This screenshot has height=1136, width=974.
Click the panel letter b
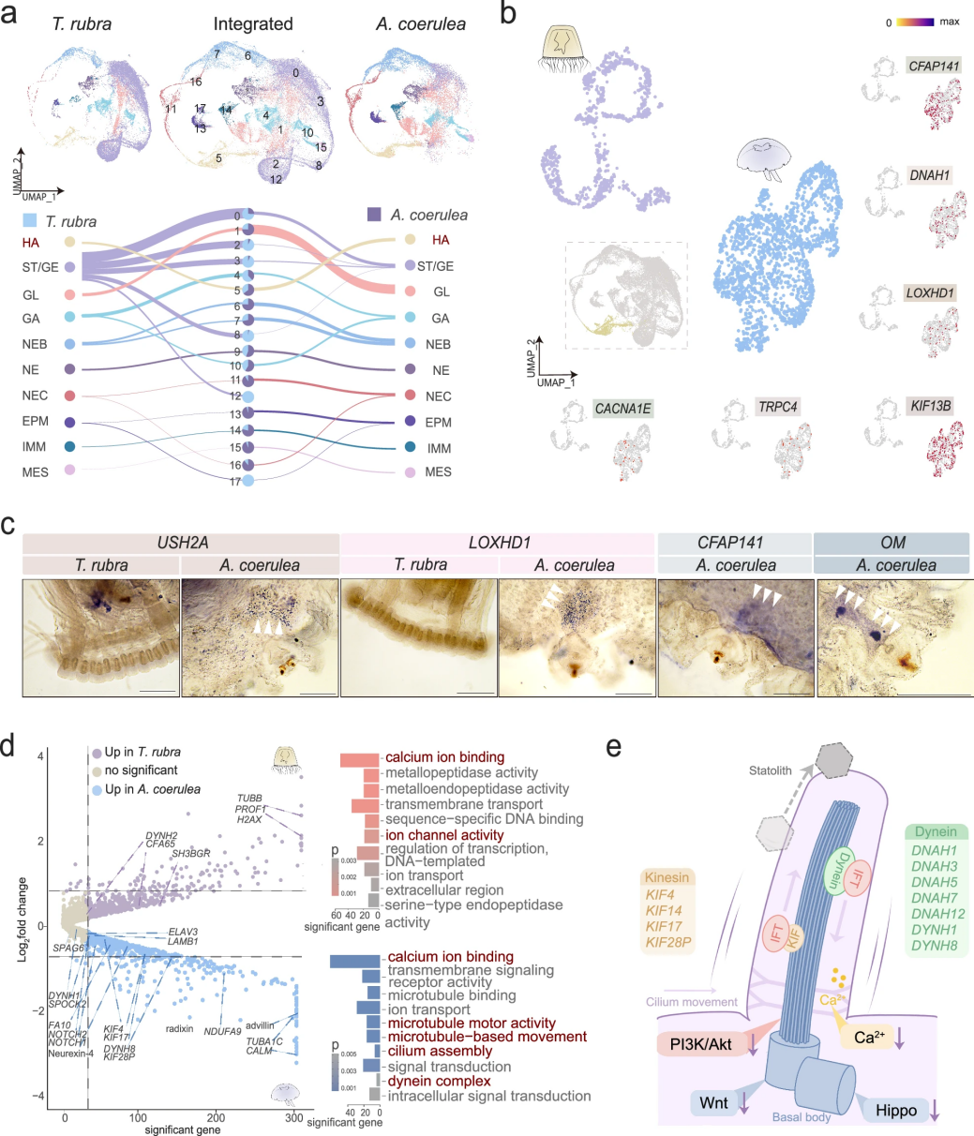click(x=507, y=15)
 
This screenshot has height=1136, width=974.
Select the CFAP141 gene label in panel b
click(x=932, y=65)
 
